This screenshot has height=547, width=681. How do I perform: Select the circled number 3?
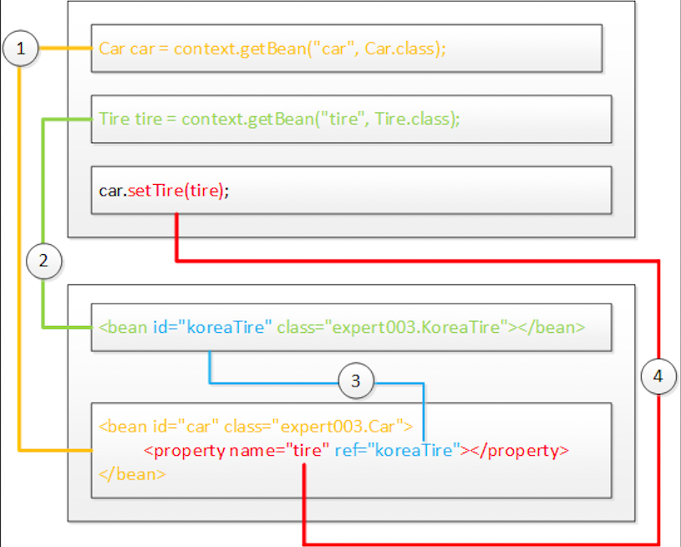pos(356,382)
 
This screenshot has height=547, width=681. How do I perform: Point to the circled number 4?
pos(658,377)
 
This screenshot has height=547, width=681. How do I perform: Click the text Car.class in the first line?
pos(404,49)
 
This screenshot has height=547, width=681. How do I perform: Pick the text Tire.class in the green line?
pos(415,120)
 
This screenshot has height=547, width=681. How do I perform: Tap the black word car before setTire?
pos(110,191)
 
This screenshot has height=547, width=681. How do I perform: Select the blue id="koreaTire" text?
pos(212,327)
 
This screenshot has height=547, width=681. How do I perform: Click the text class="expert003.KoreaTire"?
pos(394,327)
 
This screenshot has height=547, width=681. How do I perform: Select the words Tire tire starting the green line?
pos(130,120)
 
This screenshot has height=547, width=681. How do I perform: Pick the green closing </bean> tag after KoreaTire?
pos(549,327)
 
